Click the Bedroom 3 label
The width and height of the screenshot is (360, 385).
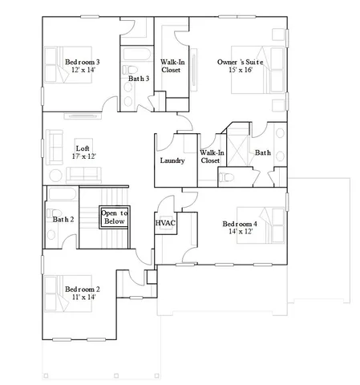coord(83,62)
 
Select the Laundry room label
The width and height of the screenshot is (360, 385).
coord(172,160)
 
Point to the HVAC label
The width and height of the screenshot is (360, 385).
coord(165,222)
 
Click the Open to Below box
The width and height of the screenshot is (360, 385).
coord(112,217)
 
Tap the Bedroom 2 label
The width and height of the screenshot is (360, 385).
coord(82,289)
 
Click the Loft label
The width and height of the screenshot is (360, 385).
coord(83,148)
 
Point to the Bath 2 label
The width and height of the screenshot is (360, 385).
coord(63,219)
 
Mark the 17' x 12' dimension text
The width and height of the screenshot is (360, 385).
coord(83,156)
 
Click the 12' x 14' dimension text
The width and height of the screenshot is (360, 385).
coord(83,71)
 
